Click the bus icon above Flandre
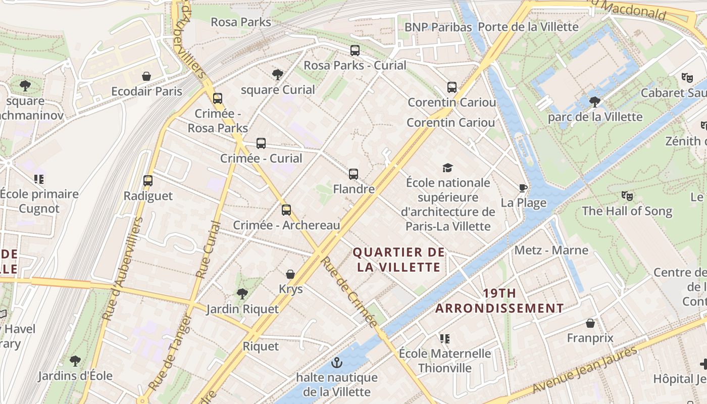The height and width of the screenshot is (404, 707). [353, 174]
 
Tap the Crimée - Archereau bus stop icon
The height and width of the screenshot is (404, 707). [286, 210]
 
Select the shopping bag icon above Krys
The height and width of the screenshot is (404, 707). [290, 274]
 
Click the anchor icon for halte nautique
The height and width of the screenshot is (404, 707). [336, 363]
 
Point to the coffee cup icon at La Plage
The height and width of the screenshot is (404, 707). [523, 188]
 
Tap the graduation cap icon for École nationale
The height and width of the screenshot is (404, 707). [447, 168]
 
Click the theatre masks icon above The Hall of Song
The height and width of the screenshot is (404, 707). [627, 196]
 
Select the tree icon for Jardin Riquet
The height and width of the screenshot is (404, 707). [242, 293]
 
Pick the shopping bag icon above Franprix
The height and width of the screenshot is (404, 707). [590, 323]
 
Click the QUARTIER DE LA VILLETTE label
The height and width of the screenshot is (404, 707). [399, 260]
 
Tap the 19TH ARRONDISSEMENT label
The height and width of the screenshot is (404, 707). [499, 300]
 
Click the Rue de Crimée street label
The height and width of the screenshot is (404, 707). [349, 291]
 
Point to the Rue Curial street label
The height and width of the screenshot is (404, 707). [209, 250]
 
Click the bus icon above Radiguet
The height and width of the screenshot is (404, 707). [148, 181]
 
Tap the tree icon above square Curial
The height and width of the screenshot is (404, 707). [277, 75]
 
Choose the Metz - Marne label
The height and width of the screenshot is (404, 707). [551, 250]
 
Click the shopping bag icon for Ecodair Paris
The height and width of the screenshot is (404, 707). [146, 76]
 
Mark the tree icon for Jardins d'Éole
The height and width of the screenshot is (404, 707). [75, 361]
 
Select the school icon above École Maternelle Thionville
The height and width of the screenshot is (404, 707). [444, 338]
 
